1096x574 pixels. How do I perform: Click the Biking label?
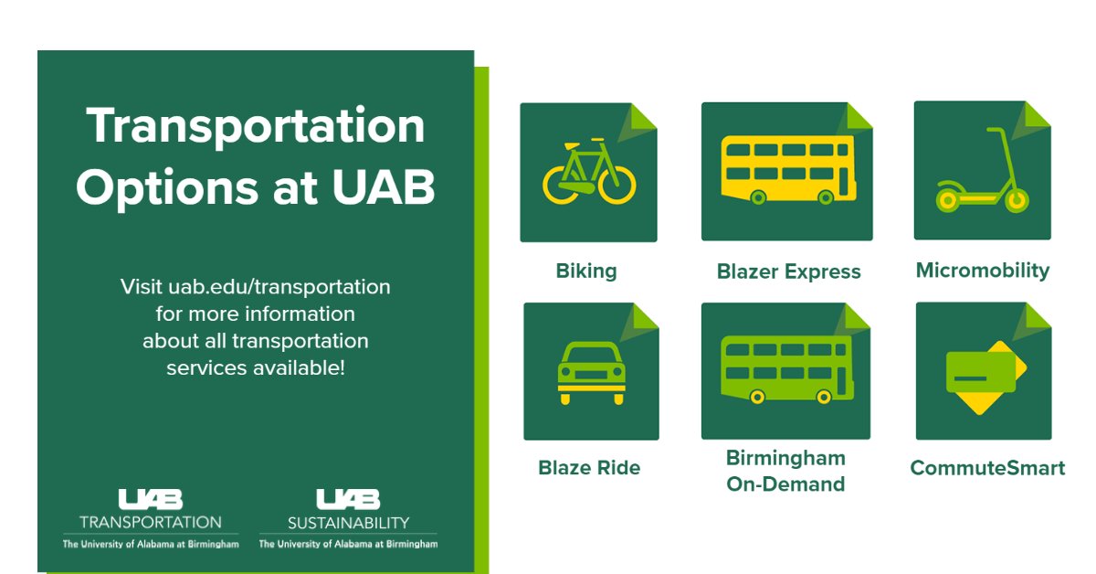[x=586, y=271]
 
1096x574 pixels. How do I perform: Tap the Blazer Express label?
[x=788, y=271]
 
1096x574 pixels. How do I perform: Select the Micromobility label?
[x=983, y=271]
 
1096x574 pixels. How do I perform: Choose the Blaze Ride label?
[x=589, y=468]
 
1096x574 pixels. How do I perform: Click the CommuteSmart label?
[x=987, y=468]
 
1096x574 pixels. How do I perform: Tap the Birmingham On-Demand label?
[x=785, y=471]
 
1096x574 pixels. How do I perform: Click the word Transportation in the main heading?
[x=256, y=127]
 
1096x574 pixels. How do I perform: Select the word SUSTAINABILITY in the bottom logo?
[x=348, y=523]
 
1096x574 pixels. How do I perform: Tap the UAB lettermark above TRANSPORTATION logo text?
[x=151, y=499]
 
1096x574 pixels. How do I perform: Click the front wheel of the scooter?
[x=1017, y=201]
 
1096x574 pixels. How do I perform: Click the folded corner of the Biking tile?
[x=643, y=117]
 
